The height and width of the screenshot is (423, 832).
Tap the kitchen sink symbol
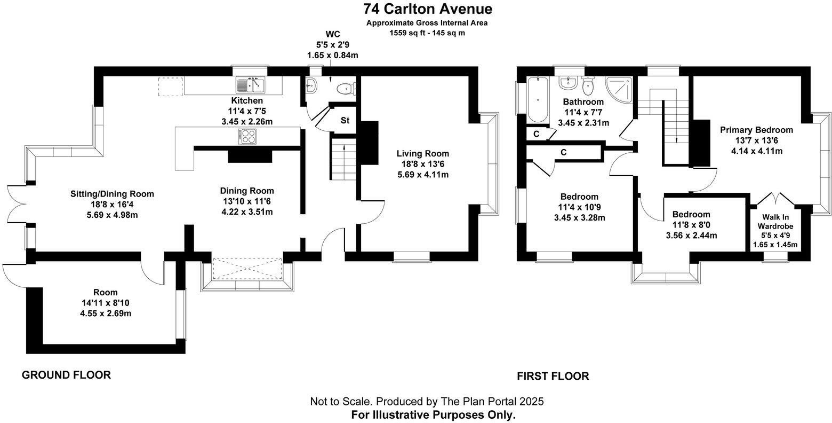tap(251, 85)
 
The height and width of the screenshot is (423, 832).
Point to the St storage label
tap(345, 120)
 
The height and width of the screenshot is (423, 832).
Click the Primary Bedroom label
tap(756, 130)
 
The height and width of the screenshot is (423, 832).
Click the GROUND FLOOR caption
tap(66, 375)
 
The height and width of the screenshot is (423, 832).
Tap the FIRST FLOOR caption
tap(553, 377)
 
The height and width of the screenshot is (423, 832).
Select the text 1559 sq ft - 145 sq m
tap(427, 33)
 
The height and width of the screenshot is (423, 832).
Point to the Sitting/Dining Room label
tap(112, 194)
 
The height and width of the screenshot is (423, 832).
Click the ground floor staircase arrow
tap(345, 147)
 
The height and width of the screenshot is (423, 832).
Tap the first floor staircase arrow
tap(676, 140)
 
